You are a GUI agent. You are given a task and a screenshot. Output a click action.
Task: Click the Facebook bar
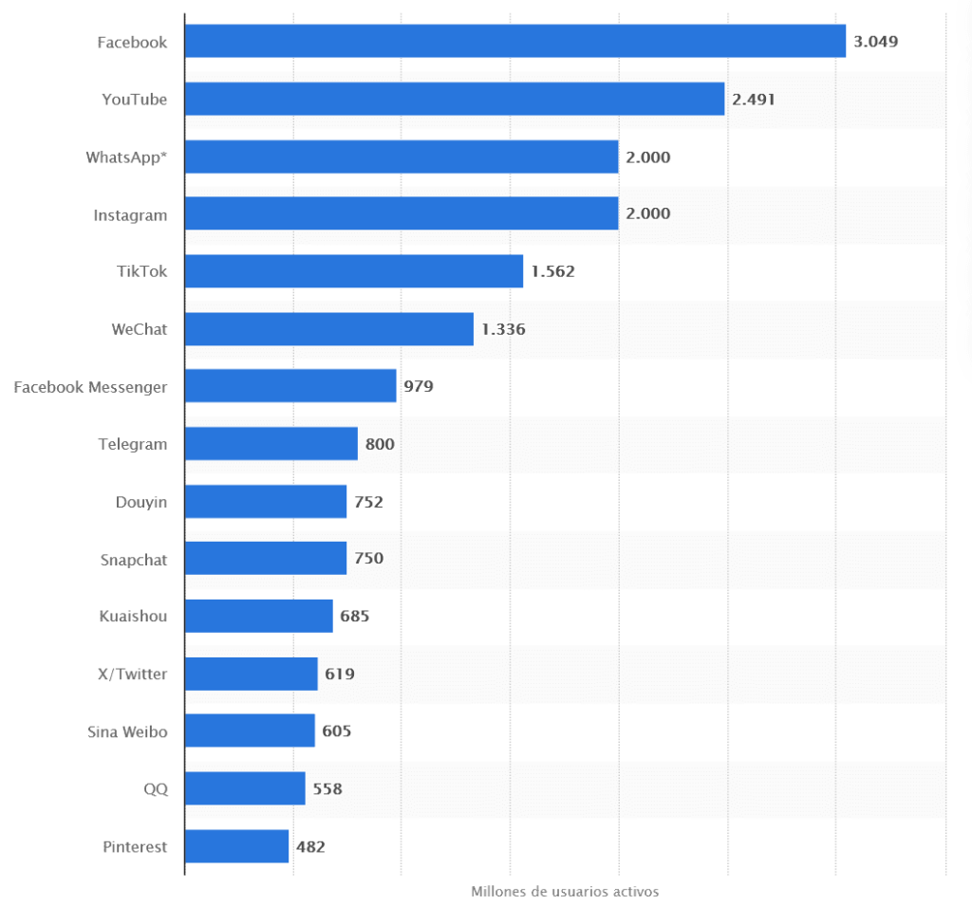514,42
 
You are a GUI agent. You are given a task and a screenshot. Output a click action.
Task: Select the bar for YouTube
454,99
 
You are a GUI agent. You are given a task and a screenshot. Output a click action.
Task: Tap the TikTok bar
353,271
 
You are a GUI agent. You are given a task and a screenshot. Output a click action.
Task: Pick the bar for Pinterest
236,846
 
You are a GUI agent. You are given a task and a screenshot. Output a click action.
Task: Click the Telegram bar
271,444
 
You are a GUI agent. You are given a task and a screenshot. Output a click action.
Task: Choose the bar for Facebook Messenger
290,386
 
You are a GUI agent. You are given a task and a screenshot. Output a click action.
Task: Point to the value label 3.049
875,42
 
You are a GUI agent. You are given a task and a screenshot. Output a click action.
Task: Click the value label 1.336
503,329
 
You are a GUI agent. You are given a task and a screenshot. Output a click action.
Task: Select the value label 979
419,386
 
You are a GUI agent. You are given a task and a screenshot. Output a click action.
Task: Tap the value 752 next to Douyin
368,502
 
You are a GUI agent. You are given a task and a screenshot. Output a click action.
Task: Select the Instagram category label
130,215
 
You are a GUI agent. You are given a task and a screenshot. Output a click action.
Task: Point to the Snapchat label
134,560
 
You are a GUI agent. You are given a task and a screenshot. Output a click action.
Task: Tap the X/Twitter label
133,675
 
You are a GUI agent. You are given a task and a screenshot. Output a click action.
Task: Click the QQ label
156,788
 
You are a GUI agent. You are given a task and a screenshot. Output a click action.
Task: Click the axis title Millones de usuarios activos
565,892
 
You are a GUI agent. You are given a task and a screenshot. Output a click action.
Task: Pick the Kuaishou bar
258,616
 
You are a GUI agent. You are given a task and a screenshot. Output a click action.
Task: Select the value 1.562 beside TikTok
552,271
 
